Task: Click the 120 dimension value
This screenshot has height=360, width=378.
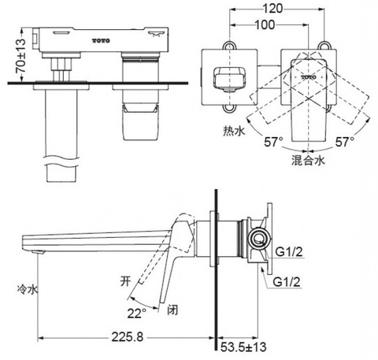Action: point(273,9)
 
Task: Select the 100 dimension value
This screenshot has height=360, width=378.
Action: point(265,24)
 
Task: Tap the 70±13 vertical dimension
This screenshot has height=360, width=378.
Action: point(20,56)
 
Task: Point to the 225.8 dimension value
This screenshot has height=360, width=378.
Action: point(128,336)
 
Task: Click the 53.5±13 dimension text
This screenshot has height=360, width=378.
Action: point(243,347)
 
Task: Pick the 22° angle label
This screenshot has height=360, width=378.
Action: point(137,313)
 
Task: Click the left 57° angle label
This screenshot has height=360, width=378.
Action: point(274,142)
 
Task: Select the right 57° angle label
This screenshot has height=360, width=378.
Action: point(345,142)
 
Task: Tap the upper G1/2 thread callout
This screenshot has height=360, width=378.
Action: point(289,252)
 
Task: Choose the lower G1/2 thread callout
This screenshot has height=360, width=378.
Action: point(287,282)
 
